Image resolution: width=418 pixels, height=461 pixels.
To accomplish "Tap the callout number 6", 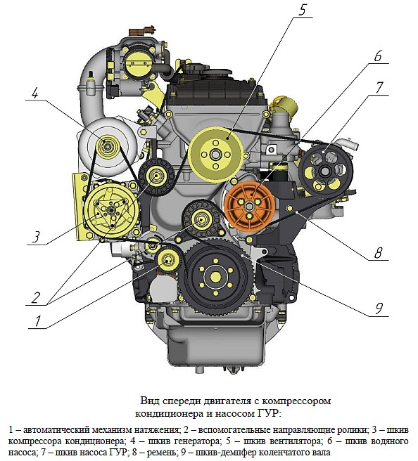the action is (378, 56).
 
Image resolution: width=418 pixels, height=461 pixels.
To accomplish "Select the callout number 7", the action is (379, 88).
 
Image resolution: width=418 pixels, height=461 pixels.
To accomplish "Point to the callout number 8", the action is (378, 252).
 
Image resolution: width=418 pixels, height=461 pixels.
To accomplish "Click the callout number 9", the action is (379, 309).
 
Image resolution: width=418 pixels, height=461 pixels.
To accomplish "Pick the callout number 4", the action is (35, 93).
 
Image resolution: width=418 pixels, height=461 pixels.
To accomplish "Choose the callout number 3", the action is (36, 237).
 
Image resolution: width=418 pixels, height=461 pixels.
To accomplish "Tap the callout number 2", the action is (35, 298).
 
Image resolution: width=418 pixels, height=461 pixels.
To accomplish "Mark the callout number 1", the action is (38, 321).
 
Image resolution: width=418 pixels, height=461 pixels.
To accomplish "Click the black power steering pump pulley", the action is (326, 171).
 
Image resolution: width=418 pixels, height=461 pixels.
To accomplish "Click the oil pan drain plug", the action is (201, 368).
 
